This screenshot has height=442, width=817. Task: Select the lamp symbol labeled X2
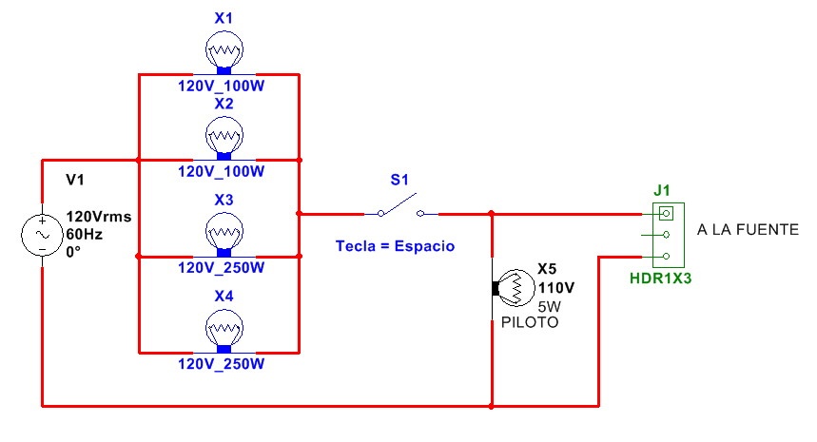[224, 137]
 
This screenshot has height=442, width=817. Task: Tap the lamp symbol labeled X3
[224, 231]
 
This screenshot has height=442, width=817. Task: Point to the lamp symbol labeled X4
[224, 329]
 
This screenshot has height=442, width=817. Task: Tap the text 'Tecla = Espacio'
[395, 246]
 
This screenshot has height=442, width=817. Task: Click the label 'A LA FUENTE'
[748, 230]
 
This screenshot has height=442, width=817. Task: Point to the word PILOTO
[530, 323]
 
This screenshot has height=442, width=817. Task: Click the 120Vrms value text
[98, 217]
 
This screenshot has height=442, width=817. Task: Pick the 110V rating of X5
[556, 287]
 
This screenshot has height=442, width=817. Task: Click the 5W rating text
[551, 306]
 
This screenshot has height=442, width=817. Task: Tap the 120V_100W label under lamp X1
[222, 85]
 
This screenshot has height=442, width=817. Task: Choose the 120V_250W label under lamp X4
[222, 363]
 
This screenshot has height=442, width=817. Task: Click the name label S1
[399, 179]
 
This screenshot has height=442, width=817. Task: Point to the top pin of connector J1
[669, 213]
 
